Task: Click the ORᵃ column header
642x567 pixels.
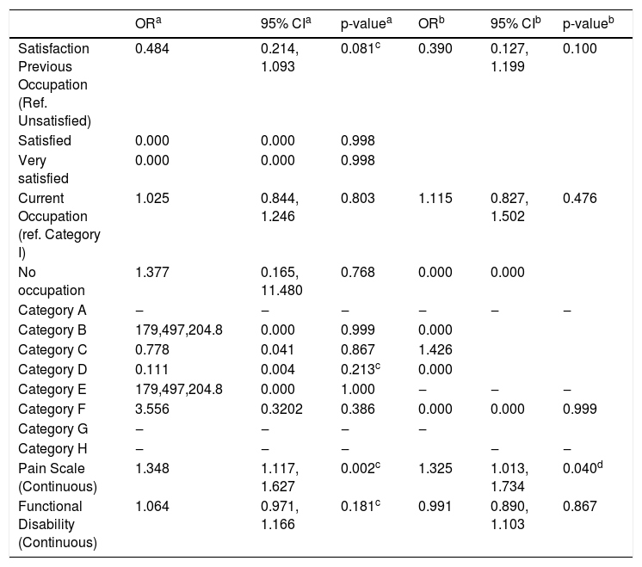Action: click(148, 23)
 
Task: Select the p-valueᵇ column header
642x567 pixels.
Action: click(589, 24)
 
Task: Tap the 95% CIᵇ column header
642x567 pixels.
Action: click(515, 23)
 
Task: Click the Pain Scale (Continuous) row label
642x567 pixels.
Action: click(58, 478)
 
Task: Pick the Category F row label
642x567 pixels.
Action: click(52, 409)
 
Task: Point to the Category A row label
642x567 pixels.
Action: click(52, 311)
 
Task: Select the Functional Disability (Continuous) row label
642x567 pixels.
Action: click(58, 525)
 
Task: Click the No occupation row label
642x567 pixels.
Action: click(52, 281)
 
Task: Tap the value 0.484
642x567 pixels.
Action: click(152, 49)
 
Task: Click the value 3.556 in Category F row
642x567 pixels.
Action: click(152, 409)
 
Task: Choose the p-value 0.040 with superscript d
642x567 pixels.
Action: click(583, 467)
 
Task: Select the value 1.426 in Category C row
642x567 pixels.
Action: click(435, 349)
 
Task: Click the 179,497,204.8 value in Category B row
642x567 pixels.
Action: click(179, 330)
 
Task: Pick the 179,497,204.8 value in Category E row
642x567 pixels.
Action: click(179, 389)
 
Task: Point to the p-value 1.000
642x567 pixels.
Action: click(358, 389)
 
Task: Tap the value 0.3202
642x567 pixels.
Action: click(281, 409)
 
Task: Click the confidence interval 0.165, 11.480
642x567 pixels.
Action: click(281, 281)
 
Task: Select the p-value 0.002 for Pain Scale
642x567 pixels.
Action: click(361, 467)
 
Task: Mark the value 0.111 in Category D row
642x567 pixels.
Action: click(152, 370)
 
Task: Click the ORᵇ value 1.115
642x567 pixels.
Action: click(435, 199)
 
